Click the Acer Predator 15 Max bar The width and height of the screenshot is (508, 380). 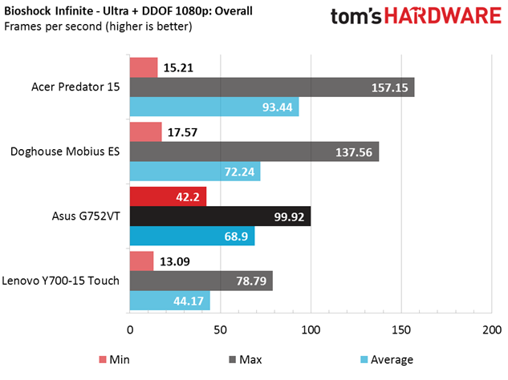point(272,87)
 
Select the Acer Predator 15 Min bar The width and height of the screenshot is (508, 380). point(144,67)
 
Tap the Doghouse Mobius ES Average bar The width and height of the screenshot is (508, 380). point(195,172)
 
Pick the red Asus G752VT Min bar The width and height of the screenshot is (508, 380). point(169,196)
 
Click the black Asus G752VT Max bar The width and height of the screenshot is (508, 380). point(221,216)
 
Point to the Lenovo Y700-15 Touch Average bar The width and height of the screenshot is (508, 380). point(170,301)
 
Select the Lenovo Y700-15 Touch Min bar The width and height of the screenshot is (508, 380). point(141,261)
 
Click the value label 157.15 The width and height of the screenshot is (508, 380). point(389,87)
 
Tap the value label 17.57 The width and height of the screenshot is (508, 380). point(182,132)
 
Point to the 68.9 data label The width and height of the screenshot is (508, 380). point(236,236)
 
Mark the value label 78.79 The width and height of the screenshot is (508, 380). point(251,281)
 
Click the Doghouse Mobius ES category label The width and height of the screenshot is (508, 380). point(65,152)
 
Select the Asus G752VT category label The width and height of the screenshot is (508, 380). point(86,216)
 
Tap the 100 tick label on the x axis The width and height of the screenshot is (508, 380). point(311,329)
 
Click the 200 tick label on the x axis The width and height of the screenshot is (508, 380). point(492,329)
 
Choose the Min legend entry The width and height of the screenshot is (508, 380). point(115,360)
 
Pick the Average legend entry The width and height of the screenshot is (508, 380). point(387,360)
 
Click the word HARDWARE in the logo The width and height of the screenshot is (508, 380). point(443,15)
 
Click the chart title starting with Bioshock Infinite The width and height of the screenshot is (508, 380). point(128,11)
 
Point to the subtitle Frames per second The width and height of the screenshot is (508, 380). point(98,26)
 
